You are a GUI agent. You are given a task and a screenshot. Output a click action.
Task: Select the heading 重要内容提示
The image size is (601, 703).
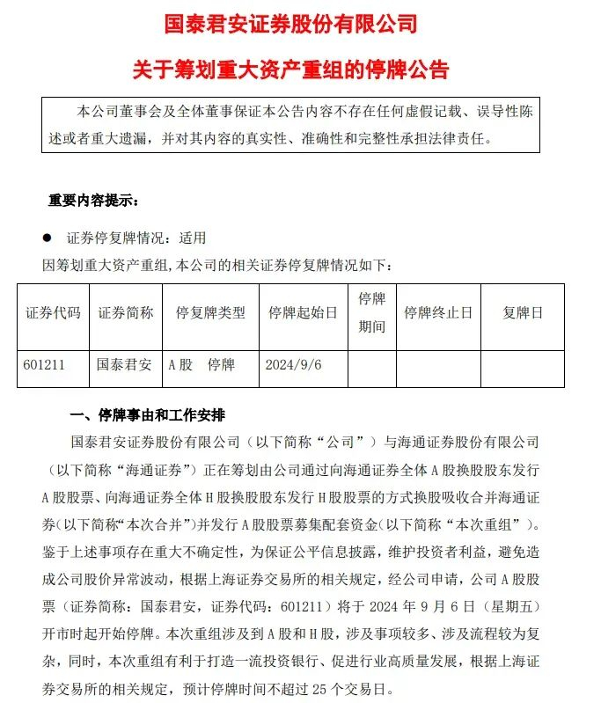click(x=93, y=201)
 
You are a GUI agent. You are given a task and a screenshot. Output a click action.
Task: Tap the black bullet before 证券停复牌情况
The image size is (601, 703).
click(x=47, y=238)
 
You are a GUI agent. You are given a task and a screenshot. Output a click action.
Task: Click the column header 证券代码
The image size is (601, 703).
click(x=53, y=313)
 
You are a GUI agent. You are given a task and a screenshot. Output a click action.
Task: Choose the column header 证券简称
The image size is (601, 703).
click(x=126, y=313)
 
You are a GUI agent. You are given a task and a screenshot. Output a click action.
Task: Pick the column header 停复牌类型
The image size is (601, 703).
click(x=210, y=313)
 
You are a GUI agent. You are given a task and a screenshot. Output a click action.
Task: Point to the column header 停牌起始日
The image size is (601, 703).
click(x=303, y=313)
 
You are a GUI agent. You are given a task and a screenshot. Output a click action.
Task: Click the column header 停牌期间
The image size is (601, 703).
click(x=371, y=313)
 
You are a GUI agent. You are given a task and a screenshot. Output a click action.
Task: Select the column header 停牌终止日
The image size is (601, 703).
click(x=438, y=313)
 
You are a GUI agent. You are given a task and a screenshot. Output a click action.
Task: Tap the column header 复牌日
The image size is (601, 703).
click(x=523, y=313)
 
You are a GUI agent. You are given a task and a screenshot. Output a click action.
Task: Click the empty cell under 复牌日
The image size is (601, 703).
click(x=523, y=368)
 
